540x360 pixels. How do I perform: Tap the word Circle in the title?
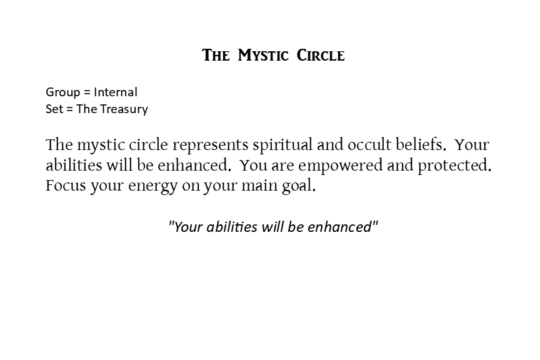pyautogui.click(x=321, y=56)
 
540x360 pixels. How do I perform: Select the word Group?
pyautogui.click(x=62, y=92)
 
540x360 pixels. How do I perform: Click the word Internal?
pyautogui.click(x=116, y=92)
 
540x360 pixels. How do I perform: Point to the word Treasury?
pyautogui.click(x=124, y=109)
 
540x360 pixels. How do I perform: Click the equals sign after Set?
pyautogui.click(x=70, y=109)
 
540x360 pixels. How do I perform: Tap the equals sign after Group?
pyautogui.click(x=87, y=92)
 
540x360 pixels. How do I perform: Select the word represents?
pyautogui.click(x=211, y=145)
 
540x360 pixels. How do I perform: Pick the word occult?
pyautogui.click(x=369, y=145)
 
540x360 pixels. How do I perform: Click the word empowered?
pyautogui.click(x=340, y=166)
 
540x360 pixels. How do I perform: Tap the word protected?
pyautogui.click(x=454, y=166)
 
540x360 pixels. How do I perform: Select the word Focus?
pyautogui.click(x=66, y=186)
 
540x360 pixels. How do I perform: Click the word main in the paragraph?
pyautogui.click(x=259, y=186)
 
